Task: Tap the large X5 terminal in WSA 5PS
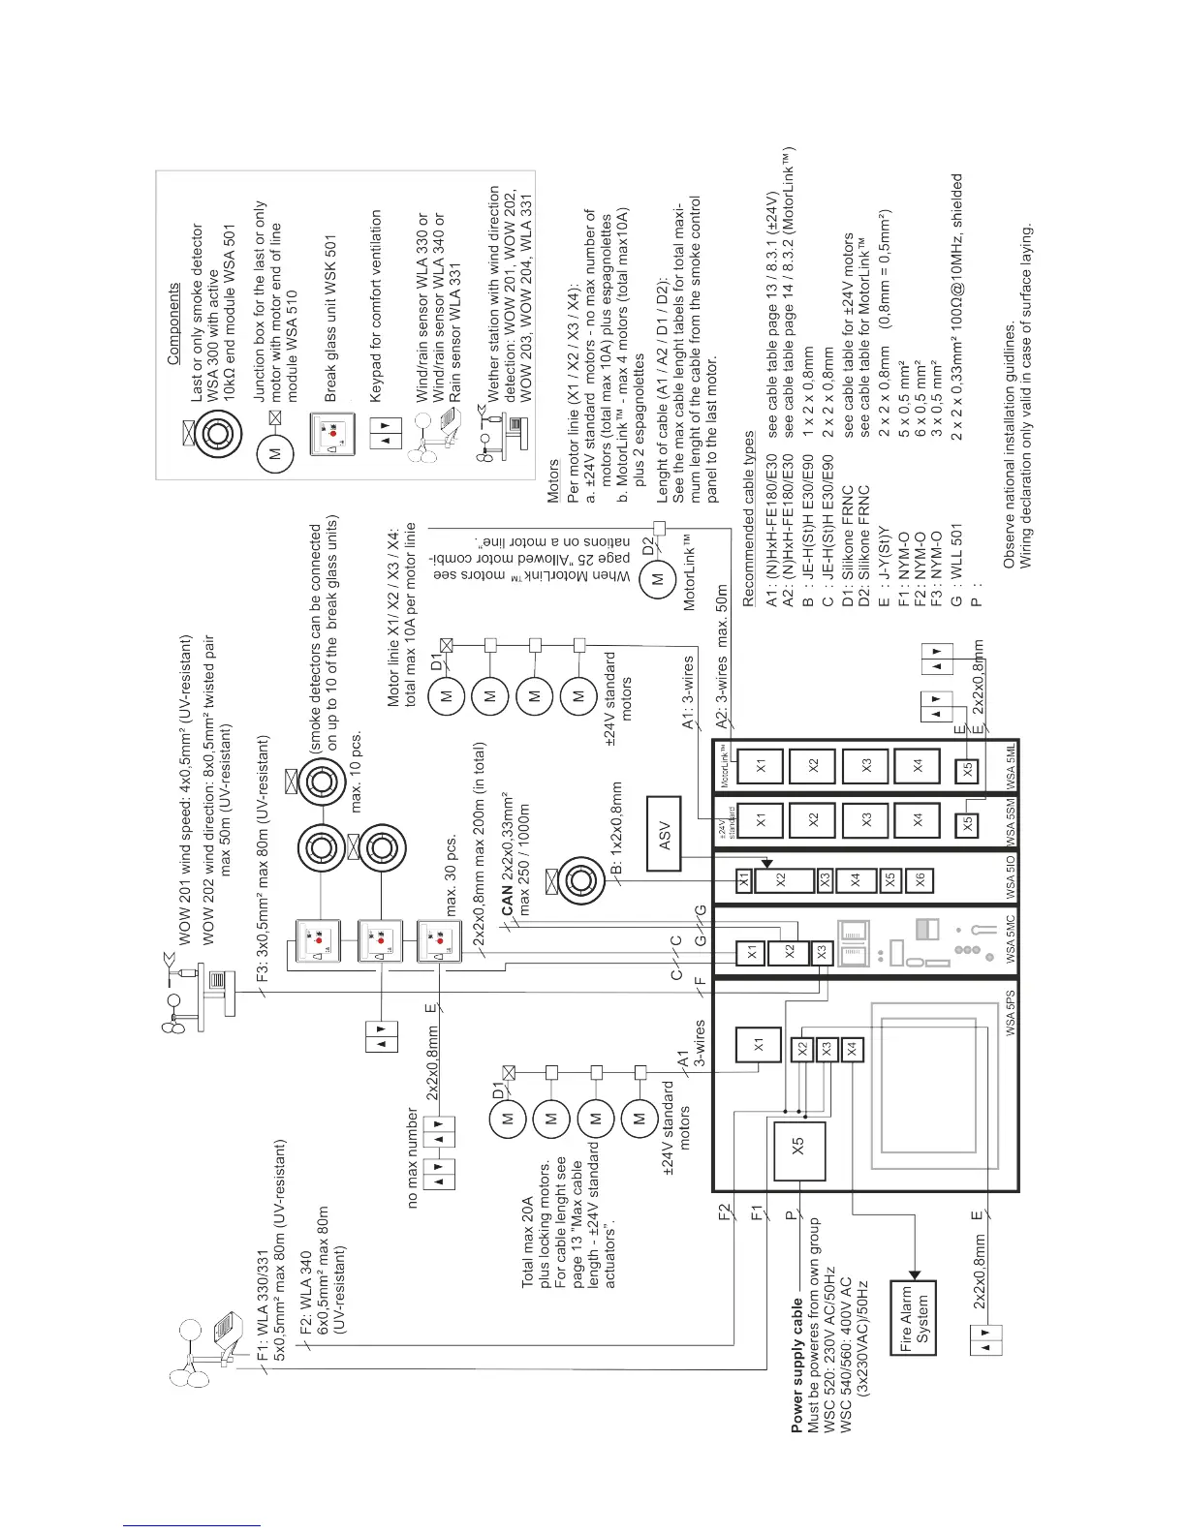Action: point(798,1150)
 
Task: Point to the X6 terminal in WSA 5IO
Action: point(921,879)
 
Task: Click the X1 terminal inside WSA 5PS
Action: point(759,1045)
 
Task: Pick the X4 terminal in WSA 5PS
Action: point(852,1048)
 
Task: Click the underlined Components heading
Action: point(173,323)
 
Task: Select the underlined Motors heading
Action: point(553,478)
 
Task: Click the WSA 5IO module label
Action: point(1010,874)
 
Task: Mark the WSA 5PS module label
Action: point(1010,1013)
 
